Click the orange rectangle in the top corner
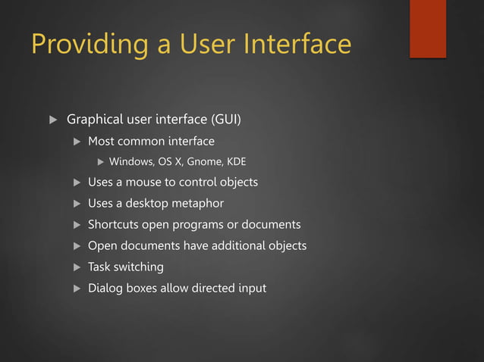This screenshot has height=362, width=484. click(428, 29)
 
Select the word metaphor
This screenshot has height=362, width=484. click(196, 204)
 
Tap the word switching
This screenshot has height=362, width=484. click(139, 267)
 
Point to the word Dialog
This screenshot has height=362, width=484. click(104, 289)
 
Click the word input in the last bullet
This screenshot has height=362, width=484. click(250, 289)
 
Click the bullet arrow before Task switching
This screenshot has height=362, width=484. click(75, 267)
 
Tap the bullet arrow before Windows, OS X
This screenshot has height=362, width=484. click(100, 161)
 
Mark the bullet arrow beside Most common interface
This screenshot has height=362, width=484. click(75, 142)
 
